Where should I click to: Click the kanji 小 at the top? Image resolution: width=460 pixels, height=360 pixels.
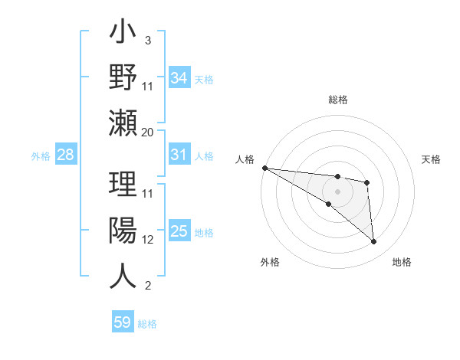tap(123, 34)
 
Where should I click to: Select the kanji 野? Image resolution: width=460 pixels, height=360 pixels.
tap(123, 77)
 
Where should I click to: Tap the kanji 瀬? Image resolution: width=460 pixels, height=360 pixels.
tap(123, 123)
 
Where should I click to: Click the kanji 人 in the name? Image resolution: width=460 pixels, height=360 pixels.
tap(123, 276)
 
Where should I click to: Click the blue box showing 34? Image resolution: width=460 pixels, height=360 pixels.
tap(179, 78)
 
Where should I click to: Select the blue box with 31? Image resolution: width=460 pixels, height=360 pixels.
tap(179, 155)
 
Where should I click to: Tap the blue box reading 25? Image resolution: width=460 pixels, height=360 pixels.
tap(179, 231)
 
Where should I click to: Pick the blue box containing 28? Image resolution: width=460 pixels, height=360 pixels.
tap(65, 155)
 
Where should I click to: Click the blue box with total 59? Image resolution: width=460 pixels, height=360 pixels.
tap(123, 322)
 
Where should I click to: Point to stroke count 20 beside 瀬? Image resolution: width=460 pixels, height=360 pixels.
tap(148, 132)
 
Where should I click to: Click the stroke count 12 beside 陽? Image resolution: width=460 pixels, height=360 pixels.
tap(148, 239)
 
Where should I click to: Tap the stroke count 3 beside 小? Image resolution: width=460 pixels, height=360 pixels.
tap(147, 40)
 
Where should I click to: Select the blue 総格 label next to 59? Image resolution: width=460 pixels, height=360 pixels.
tap(147, 324)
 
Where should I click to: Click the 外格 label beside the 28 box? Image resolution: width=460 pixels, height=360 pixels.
tap(41, 156)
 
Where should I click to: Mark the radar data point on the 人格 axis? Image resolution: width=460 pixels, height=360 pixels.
tap(264, 168)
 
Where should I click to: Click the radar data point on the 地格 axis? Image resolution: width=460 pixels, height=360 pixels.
tap(374, 242)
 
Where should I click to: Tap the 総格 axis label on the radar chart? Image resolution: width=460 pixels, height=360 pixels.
tap(337, 100)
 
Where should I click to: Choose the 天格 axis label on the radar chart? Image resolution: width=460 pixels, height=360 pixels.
tap(432, 159)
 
